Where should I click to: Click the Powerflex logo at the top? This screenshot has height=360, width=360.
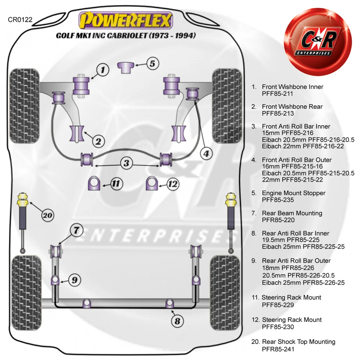pyautogui.click(x=125, y=20)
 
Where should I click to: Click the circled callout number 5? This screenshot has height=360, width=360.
pyautogui.click(x=152, y=64)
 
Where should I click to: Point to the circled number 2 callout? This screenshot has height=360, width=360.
pyautogui.click(x=98, y=141)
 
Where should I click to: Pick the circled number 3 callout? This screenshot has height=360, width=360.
pyautogui.click(x=127, y=163)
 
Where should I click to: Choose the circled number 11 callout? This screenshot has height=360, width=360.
pyautogui.click(x=116, y=184)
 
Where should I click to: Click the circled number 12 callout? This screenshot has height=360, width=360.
pyautogui.click(x=172, y=184)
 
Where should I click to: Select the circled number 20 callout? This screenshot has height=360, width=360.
pyautogui.click(x=47, y=216)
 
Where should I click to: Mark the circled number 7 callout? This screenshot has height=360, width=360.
pyautogui.click(x=76, y=231)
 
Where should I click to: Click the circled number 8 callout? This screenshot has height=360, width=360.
pyautogui.click(x=177, y=321)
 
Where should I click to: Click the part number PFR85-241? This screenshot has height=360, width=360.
pyautogui.click(x=278, y=349)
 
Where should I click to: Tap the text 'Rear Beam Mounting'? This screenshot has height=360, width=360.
pyautogui.click(x=292, y=213)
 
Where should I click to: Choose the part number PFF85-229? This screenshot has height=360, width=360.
pyautogui.click(x=278, y=304)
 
